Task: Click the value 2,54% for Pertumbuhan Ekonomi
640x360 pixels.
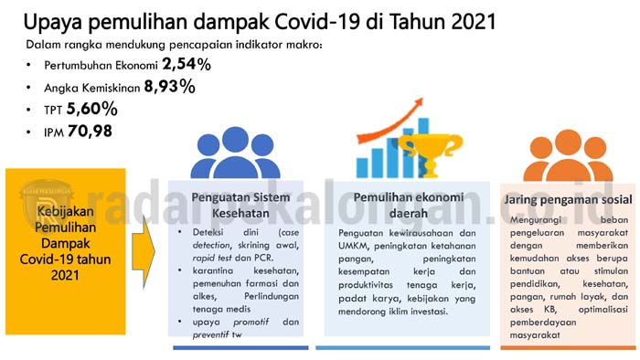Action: [x=187, y=65]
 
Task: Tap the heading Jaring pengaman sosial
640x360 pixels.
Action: [x=560, y=198]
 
